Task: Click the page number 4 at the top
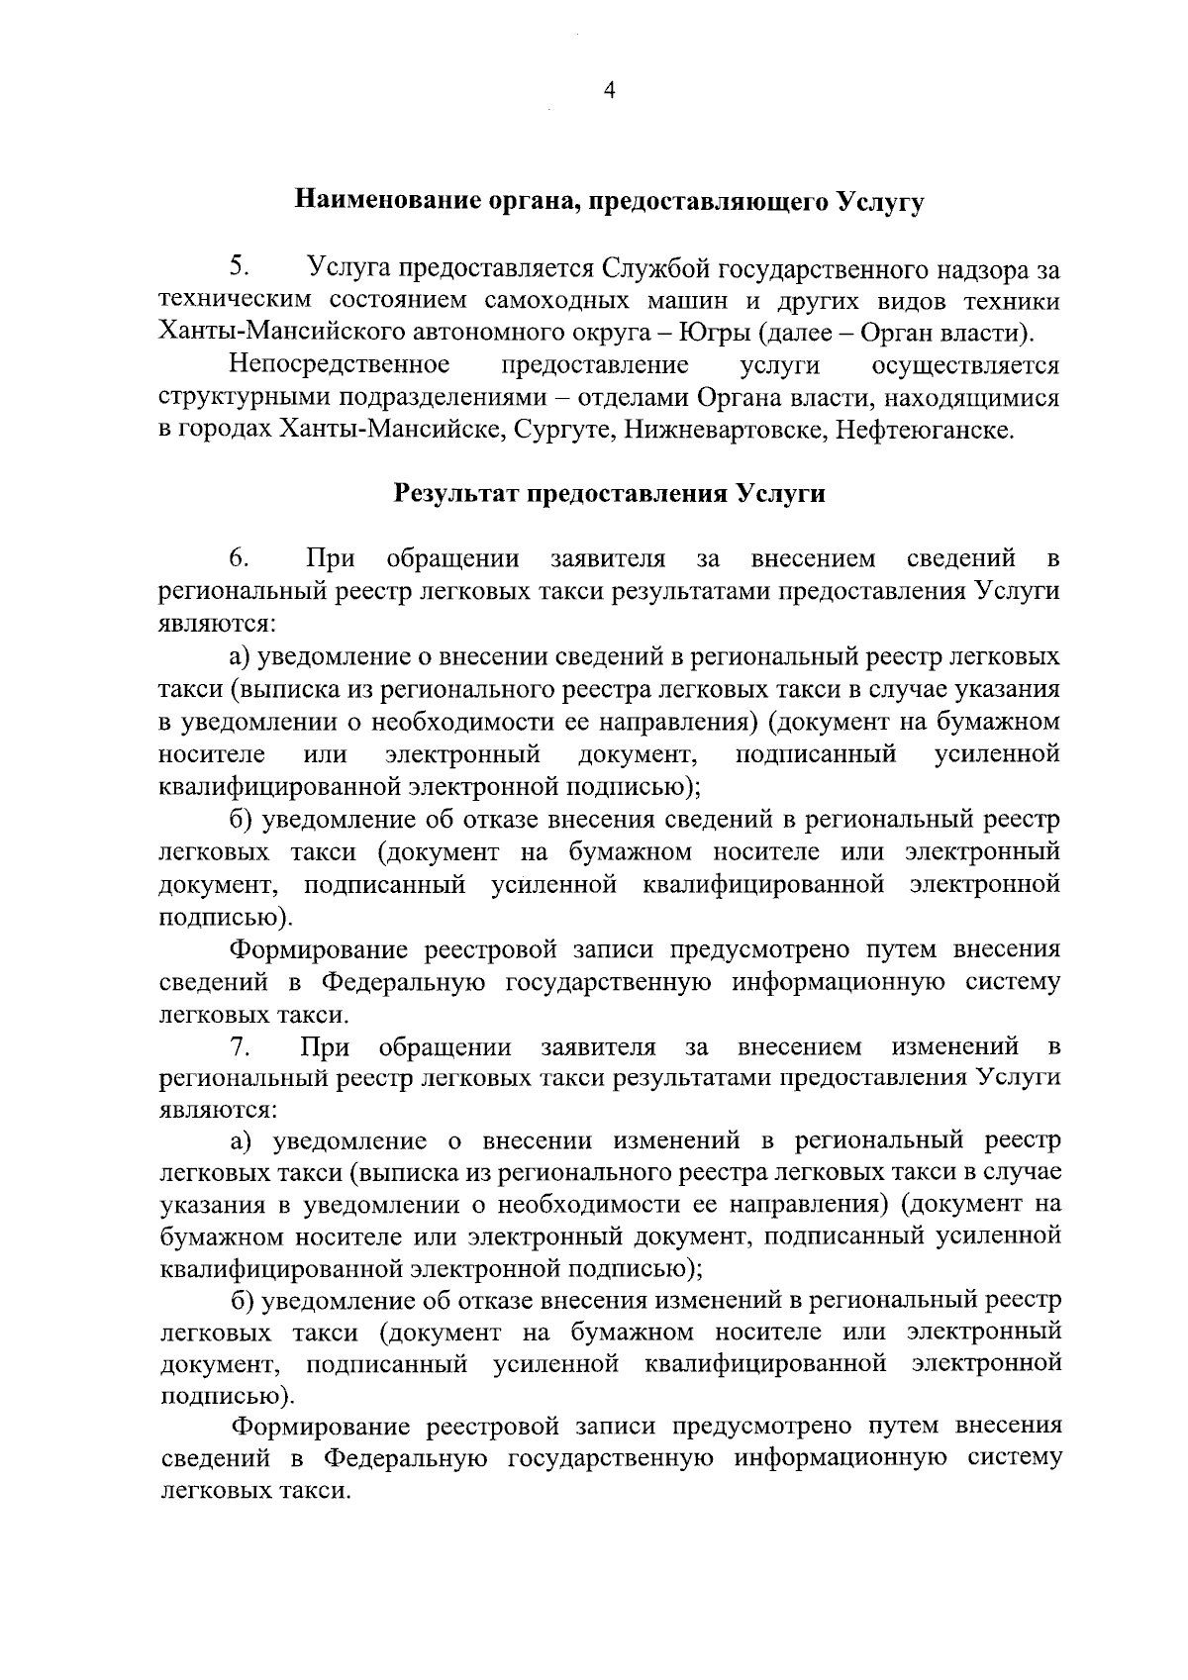(609, 90)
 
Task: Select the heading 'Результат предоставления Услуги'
(610, 494)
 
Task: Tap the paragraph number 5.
(238, 266)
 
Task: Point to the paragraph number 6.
(238, 558)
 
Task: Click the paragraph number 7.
(238, 1046)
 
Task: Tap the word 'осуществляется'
(965, 365)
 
